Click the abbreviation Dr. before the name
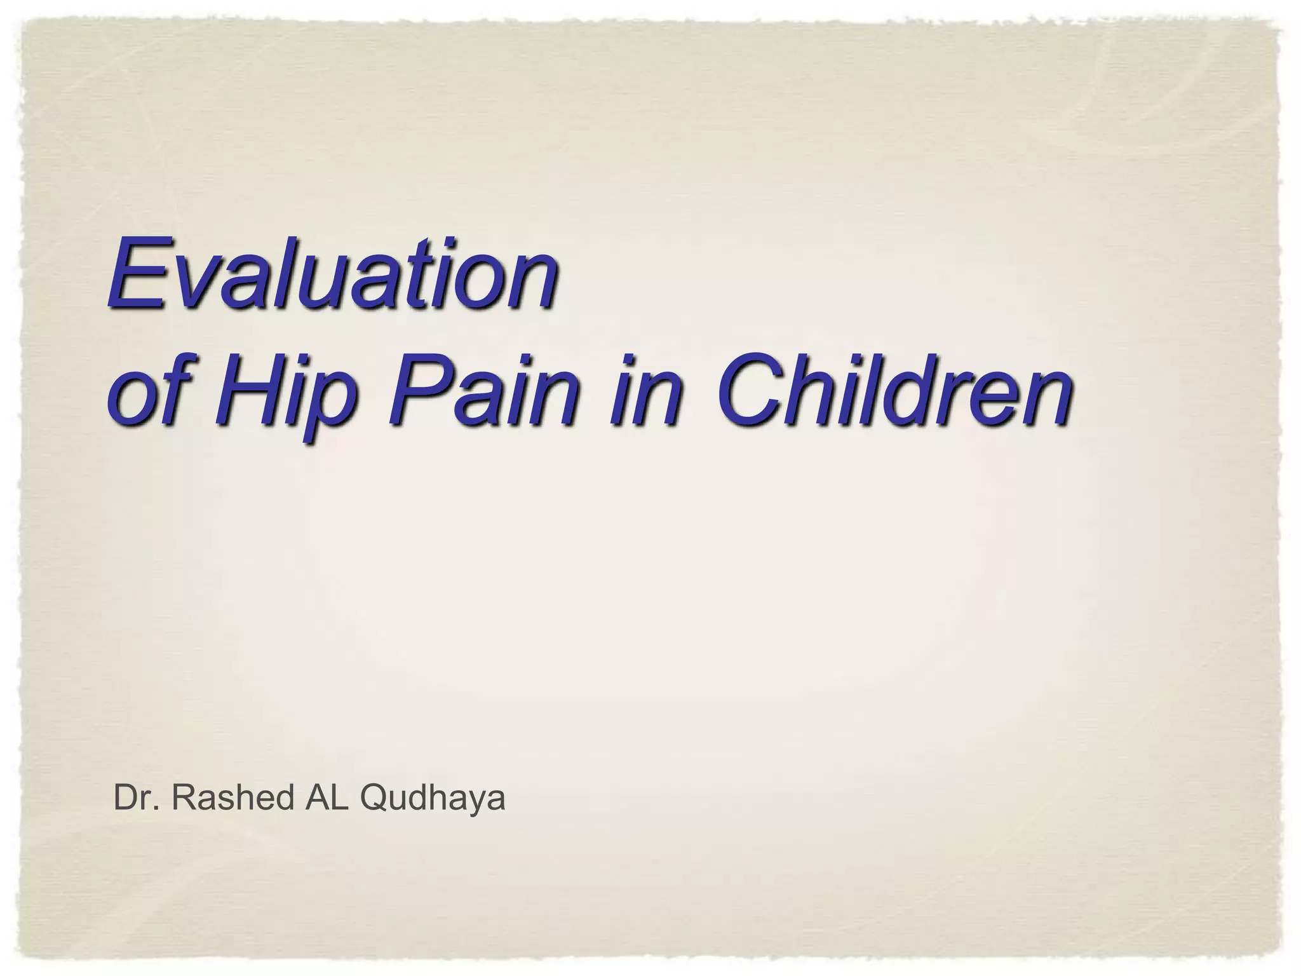tap(135, 797)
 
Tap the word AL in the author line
tap(327, 797)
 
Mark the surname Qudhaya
tap(432, 799)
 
